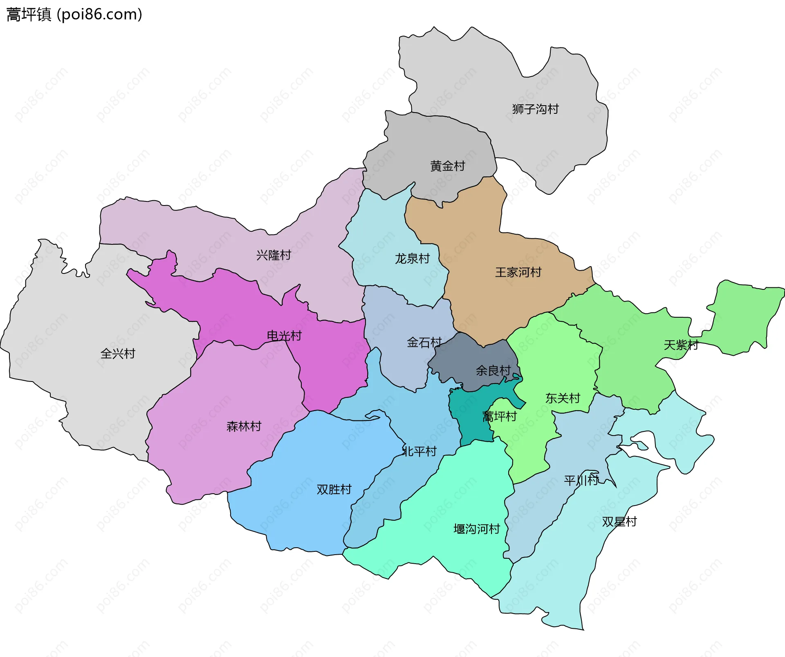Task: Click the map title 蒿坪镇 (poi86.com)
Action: click(x=74, y=14)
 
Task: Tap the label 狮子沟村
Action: click(x=535, y=109)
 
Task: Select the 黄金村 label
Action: click(x=448, y=166)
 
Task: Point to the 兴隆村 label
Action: click(x=274, y=255)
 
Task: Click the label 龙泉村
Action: click(x=412, y=258)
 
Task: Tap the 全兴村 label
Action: click(x=118, y=353)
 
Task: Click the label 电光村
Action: click(x=284, y=336)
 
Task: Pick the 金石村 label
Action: click(x=424, y=342)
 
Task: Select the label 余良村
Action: click(x=493, y=370)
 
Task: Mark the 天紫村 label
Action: click(x=681, y=345)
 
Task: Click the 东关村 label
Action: click(x=563, y=398)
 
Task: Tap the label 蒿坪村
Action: click(x=500, y=416)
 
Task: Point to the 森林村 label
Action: click(x=244, y=426)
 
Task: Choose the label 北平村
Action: click(x=419, y=451)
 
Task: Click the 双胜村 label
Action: click(x=334, y=489)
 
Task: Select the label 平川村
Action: click(x=581, y=480)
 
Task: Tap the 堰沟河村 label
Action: click(x=477, y=529)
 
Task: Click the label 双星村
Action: click(x=619, y=522)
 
